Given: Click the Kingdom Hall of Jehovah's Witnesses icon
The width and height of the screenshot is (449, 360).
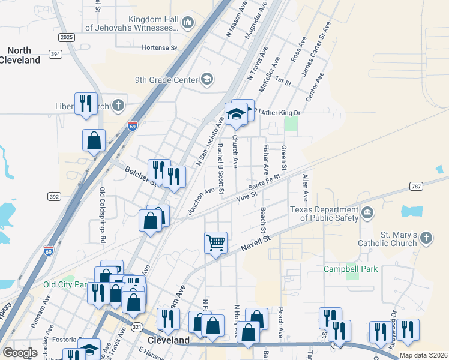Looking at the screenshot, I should [x=187, y=23].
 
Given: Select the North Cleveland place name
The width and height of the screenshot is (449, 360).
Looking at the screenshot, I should [x=20, y=55].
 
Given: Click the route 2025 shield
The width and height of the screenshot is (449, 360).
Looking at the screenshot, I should [x=67, y=37].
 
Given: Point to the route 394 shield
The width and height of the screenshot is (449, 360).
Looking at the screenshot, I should [x=56, y=55].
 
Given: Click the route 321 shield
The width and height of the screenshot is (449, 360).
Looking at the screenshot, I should [x=137, y=327].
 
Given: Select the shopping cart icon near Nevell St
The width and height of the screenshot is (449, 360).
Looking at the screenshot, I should [x=215, y=243].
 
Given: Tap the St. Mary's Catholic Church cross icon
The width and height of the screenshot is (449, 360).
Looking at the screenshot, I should [x=426, y=239].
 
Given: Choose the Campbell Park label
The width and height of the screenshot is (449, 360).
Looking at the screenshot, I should [x=351, y=269].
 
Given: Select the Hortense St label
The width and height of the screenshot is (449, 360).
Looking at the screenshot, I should [x=159, y=47].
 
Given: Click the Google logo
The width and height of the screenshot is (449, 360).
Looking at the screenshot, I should [x=20, y=353].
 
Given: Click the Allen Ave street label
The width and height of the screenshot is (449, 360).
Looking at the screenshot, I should [x=306, y=187].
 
